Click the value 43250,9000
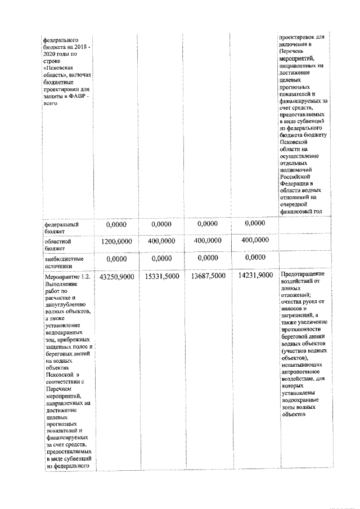tap(115, 276)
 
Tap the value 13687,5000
tap(208, 276)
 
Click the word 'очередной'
tap(295, 204)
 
